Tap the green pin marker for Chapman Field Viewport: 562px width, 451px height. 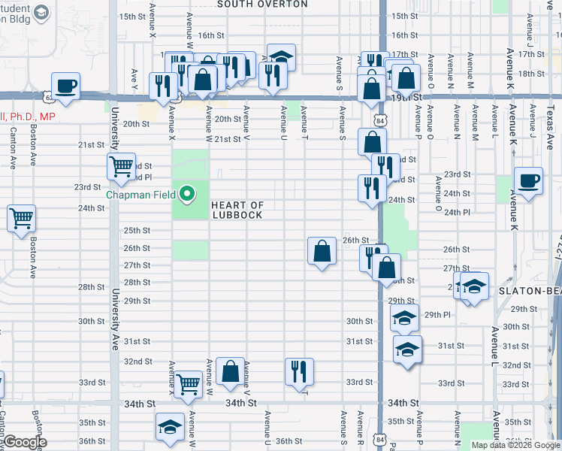pyautogui.click(x=187, y=195)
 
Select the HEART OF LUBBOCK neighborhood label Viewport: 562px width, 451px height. pyautogui.click(x=237, y=210)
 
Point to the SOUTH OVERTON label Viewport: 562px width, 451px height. pyautogui.click(x=252, y=5)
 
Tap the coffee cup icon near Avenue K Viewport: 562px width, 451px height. pyautogui.click(x=529, y=180)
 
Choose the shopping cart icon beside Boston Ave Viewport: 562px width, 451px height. pyautogui.click(x=22, y=218)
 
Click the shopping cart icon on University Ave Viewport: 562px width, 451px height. pyautogui.click(x=121, y=166)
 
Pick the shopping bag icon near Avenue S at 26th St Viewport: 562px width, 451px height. pyautogui.click(x=322, y=250)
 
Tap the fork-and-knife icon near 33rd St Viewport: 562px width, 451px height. pyautogui.click(x=299, y=371)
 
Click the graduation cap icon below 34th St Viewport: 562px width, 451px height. pyautogui.click(x=171, y=428)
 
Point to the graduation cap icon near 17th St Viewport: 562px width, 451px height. pyautogui.click(x=281, y=56)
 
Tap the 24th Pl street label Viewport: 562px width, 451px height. pyautogui.click(x=457, y=213)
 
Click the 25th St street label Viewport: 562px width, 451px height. pyautogui.click(x=137, y=231)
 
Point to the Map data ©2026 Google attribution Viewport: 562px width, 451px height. pyautogui.click(x=515, y=445)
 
